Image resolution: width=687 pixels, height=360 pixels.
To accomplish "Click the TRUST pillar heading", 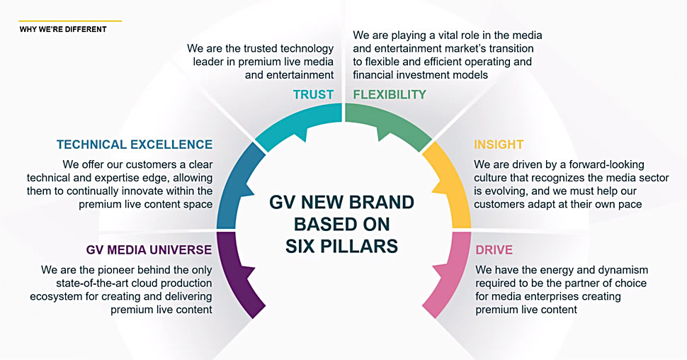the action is point(313,94).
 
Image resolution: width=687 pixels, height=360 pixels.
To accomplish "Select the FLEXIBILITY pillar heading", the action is point(390,94).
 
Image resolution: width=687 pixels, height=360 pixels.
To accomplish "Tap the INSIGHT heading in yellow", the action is point(499,145).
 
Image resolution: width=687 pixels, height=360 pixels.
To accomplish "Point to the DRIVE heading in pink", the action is point(494,249).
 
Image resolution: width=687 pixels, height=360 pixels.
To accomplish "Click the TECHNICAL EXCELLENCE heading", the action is point(135,145).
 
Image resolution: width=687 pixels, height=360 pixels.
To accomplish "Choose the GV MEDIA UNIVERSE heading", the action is point(149,249).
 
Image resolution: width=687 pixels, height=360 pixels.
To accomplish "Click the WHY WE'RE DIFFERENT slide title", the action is point(63,29).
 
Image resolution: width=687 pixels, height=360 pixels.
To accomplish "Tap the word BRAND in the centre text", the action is point(381,203).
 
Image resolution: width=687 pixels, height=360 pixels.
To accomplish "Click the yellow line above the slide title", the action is point(70,21).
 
